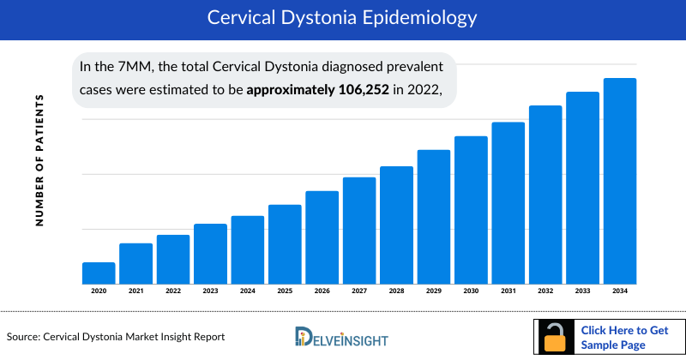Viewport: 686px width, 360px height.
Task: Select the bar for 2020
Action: click(99, 273)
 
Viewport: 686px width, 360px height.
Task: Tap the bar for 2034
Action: click(620, 181)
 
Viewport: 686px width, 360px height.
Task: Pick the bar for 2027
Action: click(359, 231)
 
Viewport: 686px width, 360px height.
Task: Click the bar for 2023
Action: click(210, 254)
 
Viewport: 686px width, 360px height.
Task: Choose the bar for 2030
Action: click(471, 210)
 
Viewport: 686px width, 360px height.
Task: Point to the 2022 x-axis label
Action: click(173, 291)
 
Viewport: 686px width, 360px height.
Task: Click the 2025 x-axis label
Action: click(285, 291)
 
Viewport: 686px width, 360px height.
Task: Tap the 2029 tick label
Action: click(434, 291)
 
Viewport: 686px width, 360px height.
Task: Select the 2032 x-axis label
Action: click(545, 291)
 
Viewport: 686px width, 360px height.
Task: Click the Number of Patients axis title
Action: click(39, 160)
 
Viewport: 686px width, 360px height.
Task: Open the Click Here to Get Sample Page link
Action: click(624, 338)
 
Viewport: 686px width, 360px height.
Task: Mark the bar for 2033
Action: click(582, 188)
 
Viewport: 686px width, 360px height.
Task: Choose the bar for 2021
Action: click(135, 264)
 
